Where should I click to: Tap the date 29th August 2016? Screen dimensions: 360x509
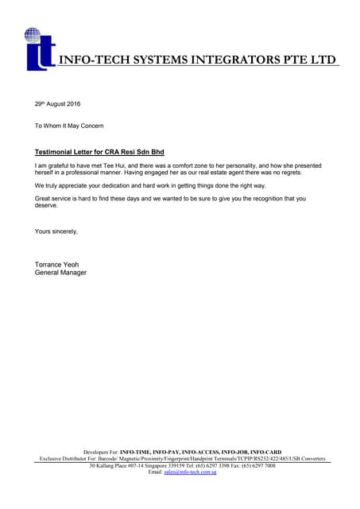[58, 104]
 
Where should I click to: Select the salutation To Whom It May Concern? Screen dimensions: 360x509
[69, 126]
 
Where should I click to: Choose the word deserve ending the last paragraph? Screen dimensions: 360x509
[46, 205]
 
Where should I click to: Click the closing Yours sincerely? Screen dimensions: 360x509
[56, 231]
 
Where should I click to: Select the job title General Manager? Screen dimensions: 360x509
[61, 272]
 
